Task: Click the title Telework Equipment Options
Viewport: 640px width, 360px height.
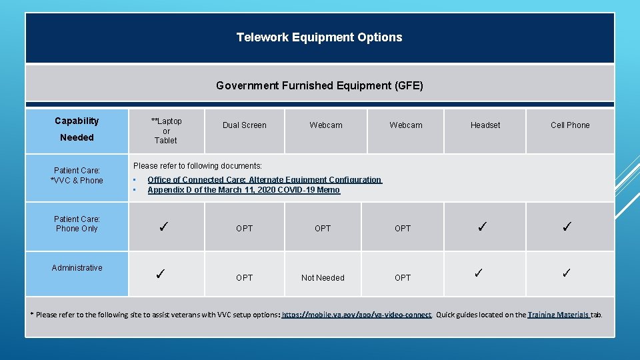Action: coord(319,37)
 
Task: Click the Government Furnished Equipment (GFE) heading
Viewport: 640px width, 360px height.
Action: coord(319,85)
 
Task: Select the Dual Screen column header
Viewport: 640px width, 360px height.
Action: coord(244,125)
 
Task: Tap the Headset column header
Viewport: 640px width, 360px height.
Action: coord(485,125)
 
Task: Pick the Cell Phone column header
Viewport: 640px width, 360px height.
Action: coord(569,125)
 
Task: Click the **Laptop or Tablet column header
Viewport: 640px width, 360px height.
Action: coord(166,131)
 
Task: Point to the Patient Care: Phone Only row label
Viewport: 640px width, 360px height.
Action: coord(77,224)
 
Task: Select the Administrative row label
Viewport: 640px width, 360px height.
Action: coord(77,268)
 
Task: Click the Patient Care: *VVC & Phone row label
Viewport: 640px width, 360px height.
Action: coord(77,175)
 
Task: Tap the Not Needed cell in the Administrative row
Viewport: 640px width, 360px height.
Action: coord(323,278)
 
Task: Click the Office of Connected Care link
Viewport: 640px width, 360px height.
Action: coord(264,180)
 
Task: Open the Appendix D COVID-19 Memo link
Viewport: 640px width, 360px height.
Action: coord(243,190)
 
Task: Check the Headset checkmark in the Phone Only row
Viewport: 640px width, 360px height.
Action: coord(482,227)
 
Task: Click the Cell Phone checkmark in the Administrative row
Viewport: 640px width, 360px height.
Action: coord(567,273)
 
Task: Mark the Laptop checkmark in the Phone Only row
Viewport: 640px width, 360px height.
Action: coord(163,227)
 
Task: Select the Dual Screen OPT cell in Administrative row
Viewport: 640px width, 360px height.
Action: coord(244,278)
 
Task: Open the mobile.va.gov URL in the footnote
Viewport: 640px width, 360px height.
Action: coord(357,315)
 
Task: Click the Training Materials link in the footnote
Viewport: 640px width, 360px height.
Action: coord(558,315)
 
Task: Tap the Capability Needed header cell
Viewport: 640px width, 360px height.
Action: coord(77,129)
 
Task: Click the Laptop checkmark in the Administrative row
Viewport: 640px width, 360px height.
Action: coord(160,273)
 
